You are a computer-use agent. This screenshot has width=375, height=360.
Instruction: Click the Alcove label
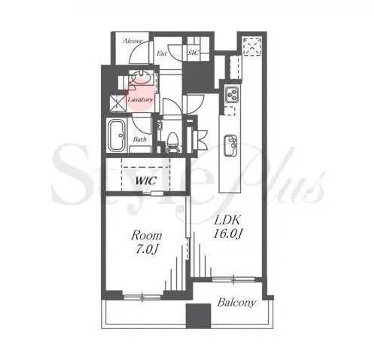[x=133, y=41]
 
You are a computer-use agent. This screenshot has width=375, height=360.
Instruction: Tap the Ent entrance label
[x=162, y=53]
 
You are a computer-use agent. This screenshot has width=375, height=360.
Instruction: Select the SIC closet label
[x=194, y=53]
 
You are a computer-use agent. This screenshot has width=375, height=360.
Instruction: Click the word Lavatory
[x=140, y=99]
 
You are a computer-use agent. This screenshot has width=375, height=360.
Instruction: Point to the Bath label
[x=140, y=139]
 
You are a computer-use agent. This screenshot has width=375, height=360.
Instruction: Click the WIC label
[x=146, y=181]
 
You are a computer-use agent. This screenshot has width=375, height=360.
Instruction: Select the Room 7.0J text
[x=146, y=243]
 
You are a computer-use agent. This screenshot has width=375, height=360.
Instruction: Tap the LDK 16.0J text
[x=227, y=227]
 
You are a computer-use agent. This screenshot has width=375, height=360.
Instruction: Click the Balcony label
[x=236, y=302]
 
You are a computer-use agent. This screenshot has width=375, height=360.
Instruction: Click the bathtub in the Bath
[x=117, y=136]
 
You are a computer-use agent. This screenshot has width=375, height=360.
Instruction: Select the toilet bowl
[x=172, y=139]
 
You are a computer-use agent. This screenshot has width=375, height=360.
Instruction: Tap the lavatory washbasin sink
[x=141, y=76]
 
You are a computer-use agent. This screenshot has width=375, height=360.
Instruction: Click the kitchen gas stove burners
[x=231, y=94]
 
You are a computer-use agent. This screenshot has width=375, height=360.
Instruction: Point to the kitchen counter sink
[x=230, y=145]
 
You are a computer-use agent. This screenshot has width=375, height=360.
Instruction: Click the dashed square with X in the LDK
[x=252, y=46]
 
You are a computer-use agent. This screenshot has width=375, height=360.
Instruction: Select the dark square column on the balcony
[x=198, y=316]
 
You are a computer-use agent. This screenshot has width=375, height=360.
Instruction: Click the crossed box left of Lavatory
[x=118, y=102]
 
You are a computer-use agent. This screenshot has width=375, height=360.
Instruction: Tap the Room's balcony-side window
[x=142, y=297]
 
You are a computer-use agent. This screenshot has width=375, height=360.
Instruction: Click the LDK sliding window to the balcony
[x=233, y=279]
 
